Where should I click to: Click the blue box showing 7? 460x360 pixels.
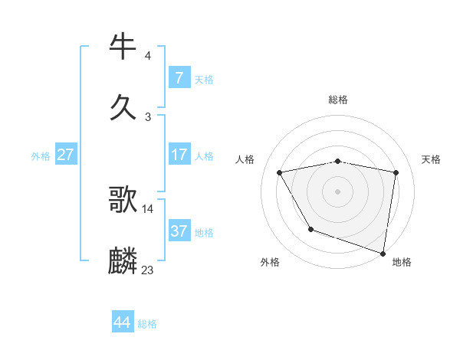[x=179, y=77]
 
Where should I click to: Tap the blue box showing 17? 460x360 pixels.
[x=179, y=155]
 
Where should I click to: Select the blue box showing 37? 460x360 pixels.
[x=179, y=231]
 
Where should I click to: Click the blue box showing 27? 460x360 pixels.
[x=65, y=155]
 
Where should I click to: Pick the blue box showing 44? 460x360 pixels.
[x=122, y=322]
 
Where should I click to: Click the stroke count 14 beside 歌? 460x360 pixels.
[x=148, y=208]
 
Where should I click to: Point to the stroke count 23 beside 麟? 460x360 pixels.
[x=148, y=270]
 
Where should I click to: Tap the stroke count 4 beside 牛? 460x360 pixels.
[x=148, y=55]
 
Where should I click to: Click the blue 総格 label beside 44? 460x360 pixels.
[x=147, y=324]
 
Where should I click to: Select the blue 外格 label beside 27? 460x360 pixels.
[x=41, y=156]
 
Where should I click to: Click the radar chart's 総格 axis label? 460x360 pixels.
[x=338, y=100]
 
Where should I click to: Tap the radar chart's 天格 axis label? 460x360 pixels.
[x=432, y=159]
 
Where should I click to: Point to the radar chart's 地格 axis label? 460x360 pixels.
[x=402, y=262]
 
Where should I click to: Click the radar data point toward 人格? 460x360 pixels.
[x=280, y=172]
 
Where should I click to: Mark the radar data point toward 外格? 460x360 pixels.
[x=310, y=229]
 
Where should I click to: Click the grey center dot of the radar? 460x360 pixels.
[x=338, y=191]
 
